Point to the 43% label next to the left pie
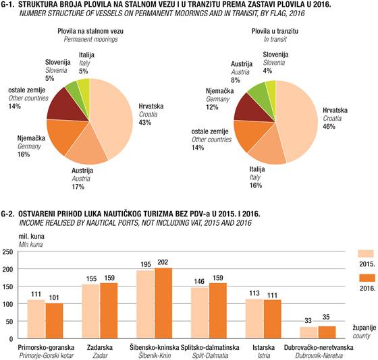pos(145,122)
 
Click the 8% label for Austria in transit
pos(236,80)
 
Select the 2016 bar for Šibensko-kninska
pos(163,303)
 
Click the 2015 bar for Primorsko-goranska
pos(36,319)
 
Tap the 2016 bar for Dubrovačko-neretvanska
pos(327,332)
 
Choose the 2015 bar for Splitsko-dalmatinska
pos(200,313)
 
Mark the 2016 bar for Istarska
pos(273,319)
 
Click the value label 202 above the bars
pos(163,262)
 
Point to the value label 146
pos(199,281)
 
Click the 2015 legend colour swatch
pos(366,253)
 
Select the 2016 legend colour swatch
pos(367,278)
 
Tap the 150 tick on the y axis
pos(7,287)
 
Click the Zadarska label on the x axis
pos(100,347)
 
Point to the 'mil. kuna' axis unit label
pos(31,237)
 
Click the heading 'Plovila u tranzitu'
pos(275,31)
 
